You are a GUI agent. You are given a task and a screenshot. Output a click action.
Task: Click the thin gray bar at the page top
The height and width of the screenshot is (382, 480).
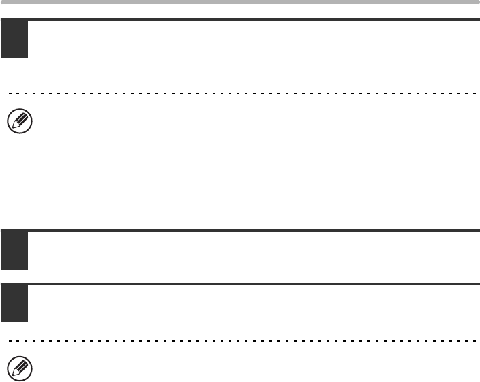(240, 2)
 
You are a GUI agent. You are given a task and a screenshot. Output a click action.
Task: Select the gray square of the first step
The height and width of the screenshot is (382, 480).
(14, 39)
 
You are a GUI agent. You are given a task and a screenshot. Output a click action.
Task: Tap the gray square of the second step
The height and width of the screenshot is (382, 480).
(14, 251)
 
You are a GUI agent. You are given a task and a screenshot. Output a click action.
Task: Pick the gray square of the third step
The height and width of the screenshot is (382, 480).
(14, 303)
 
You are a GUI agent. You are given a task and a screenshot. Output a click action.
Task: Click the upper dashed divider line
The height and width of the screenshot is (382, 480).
(240, 93)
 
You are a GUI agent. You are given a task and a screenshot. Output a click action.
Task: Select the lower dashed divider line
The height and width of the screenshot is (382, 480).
(240, 340)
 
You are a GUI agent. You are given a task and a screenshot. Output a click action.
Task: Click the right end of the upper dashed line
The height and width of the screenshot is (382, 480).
(476, 93)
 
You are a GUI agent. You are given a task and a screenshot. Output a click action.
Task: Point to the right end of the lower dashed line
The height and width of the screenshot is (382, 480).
(476, 340)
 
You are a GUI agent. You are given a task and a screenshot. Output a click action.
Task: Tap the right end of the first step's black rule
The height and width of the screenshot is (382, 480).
(478, 20)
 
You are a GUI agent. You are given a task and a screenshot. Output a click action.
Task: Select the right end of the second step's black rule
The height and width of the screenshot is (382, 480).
(478, 232)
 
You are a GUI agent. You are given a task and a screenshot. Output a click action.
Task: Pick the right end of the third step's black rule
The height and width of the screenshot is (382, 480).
(478, 284)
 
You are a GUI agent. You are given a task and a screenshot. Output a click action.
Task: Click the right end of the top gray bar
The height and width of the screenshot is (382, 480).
(478, 2)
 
